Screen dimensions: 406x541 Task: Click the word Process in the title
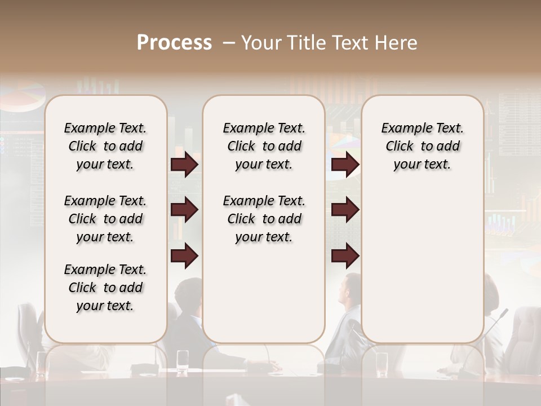tap(174, 43)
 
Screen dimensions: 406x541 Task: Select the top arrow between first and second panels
tap(184, 165)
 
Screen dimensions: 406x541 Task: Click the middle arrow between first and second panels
tap(184, 210)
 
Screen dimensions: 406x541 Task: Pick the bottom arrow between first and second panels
tap(184, 255)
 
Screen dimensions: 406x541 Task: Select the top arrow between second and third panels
tap(345, 165)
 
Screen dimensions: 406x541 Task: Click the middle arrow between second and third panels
tap(345, 210)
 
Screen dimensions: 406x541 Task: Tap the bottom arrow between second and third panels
tap(345, 255)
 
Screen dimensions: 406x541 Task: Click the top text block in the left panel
tap(105, 146)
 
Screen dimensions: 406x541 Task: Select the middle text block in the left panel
tap(105, 219)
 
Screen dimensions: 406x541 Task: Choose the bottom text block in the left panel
tap(105, 288)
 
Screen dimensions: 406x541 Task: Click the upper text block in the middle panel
tap(264, 146)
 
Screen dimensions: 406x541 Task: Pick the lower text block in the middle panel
tap(264, 219)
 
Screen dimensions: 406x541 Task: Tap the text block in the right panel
tap(422, 146)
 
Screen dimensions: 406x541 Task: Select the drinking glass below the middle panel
tap(183, 361)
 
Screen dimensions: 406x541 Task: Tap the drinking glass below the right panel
tap(382, 364)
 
